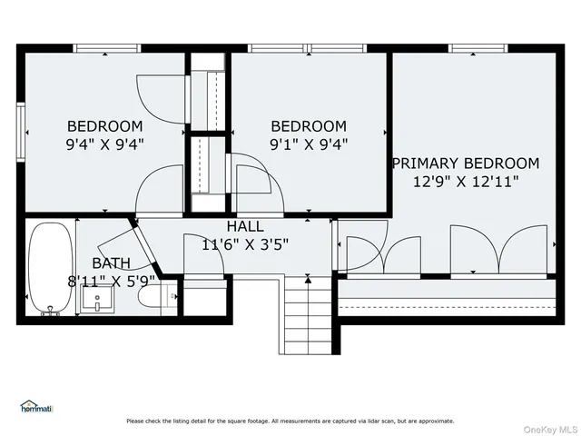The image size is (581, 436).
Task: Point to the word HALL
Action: tap(245, 226)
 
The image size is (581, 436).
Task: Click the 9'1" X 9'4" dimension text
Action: tap(309, 144)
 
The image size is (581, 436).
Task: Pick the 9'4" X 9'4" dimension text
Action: tap(105, 144)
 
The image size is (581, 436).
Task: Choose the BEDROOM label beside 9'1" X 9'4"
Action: tap(309, 126)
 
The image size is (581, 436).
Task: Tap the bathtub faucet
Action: tap(47, 313)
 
